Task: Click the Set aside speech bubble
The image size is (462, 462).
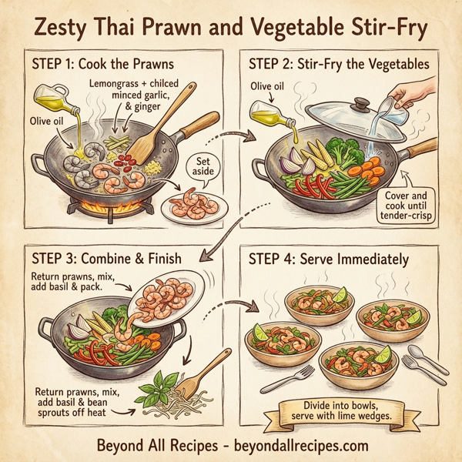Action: pyautogui.click(x=205, y=167)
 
